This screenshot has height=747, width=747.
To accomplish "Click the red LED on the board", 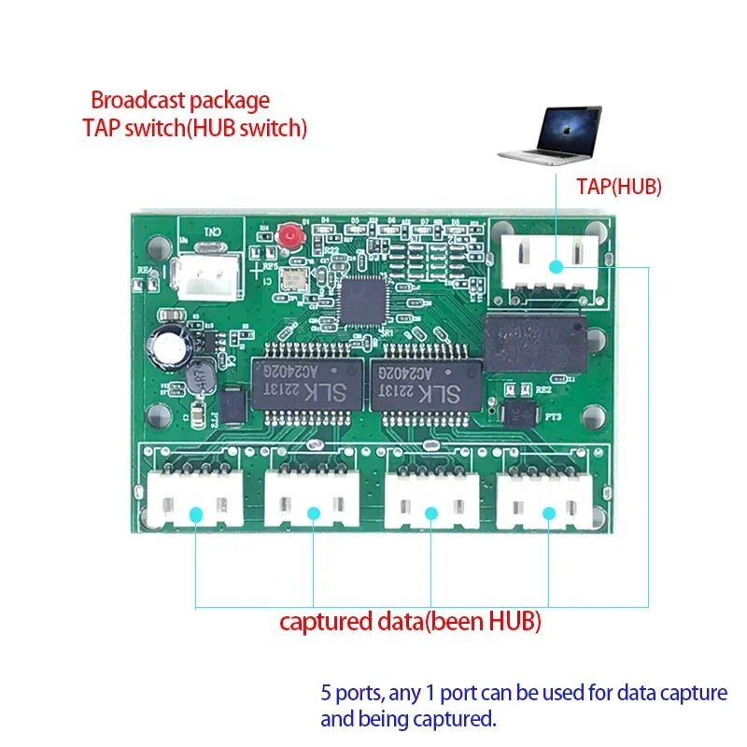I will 293,236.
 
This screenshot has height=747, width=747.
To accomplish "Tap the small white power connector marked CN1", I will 207,272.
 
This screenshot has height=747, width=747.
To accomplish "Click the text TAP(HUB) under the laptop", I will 618,187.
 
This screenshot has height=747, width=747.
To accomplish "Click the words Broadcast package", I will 179,100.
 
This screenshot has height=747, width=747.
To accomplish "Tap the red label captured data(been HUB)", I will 411,621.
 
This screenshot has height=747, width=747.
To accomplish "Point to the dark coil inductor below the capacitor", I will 197,378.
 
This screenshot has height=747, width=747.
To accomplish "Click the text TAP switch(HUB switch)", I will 194,128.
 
